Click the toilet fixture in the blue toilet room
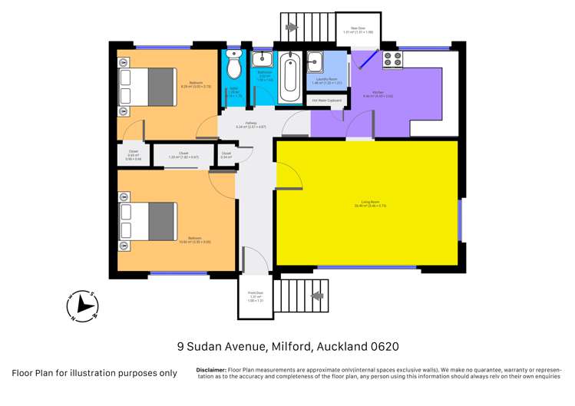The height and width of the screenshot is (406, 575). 235,67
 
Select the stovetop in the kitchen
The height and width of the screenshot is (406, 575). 392,59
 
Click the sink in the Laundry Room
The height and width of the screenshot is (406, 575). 316,61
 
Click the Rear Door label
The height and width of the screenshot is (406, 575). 359,28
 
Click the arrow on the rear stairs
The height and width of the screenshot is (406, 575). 292,28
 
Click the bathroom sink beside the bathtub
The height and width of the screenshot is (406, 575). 263,58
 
